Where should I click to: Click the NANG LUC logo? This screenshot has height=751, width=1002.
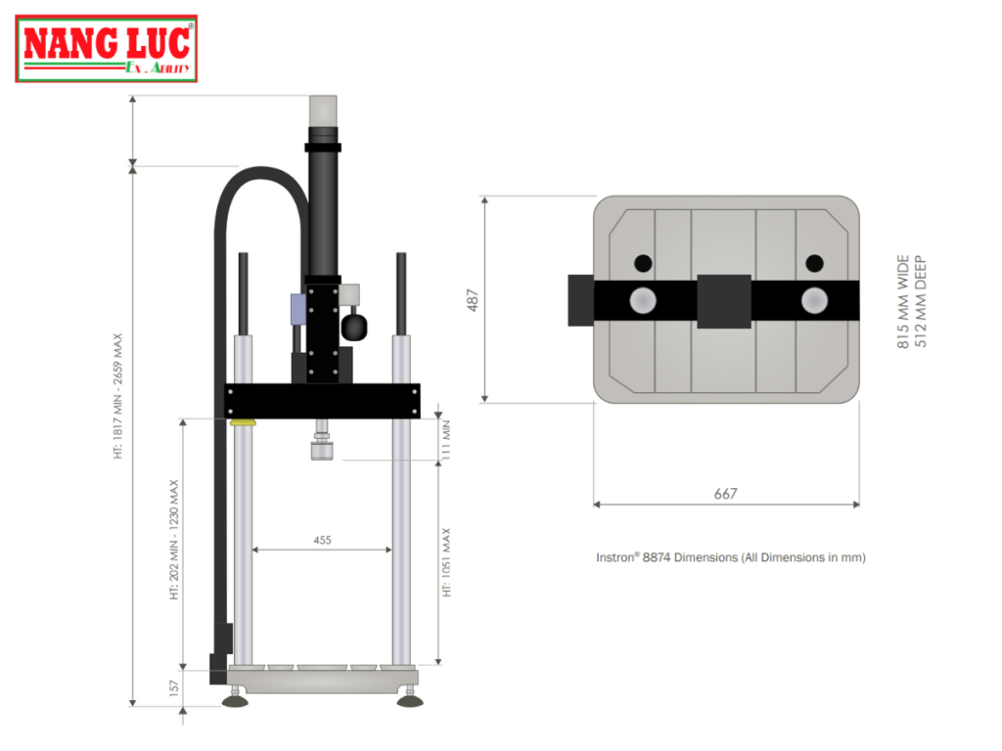point(107,49)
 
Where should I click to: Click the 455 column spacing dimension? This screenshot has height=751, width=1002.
point(322,539)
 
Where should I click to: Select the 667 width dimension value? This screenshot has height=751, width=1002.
point(725,494)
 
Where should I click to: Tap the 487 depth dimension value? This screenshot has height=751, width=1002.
point(473,298)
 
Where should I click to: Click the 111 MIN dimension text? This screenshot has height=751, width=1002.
point(445,439)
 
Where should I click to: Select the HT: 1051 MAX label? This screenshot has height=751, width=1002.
point(447,562)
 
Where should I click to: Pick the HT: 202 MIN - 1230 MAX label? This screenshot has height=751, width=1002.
point(175,539)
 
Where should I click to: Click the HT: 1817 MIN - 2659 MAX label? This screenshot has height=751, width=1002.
point(118,396)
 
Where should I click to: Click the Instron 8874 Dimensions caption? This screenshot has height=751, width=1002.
point(731,557)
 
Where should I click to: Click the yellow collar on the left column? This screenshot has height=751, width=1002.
point(243,422)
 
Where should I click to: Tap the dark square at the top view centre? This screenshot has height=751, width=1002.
point(724,300)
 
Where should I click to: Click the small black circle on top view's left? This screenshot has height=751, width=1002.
point(642,263)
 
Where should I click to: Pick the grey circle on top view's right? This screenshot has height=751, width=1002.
point(814,300)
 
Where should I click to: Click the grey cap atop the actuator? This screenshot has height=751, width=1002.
point(323,110)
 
